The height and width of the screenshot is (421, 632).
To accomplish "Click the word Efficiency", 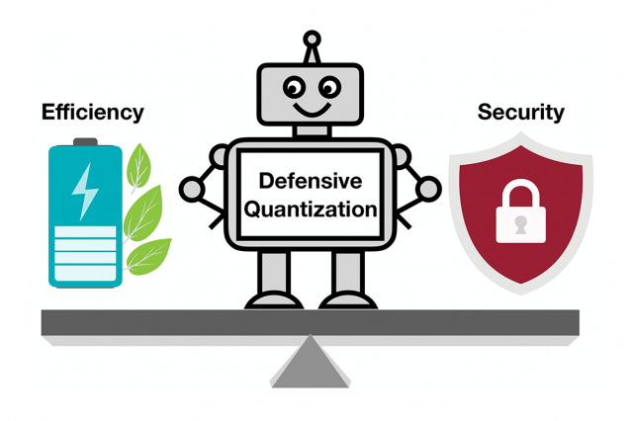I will tap(92, 113).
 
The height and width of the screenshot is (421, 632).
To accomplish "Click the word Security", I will tap(520, 112).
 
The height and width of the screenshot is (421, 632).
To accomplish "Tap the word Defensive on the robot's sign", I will tap(311, 181).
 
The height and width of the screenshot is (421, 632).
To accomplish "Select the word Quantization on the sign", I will tap(311, 209).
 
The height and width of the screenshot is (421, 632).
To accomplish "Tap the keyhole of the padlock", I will tap(520, 225).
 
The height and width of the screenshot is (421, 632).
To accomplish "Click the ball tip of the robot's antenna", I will tap(312, 41).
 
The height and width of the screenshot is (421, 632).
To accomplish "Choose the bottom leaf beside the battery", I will tap(146, 255).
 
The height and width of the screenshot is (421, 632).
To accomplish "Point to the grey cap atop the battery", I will tap(86, 141).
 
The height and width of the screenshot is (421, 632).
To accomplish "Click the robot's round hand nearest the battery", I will tap(191, 187).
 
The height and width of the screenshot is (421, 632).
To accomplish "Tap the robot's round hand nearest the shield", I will tap(430, 186).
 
